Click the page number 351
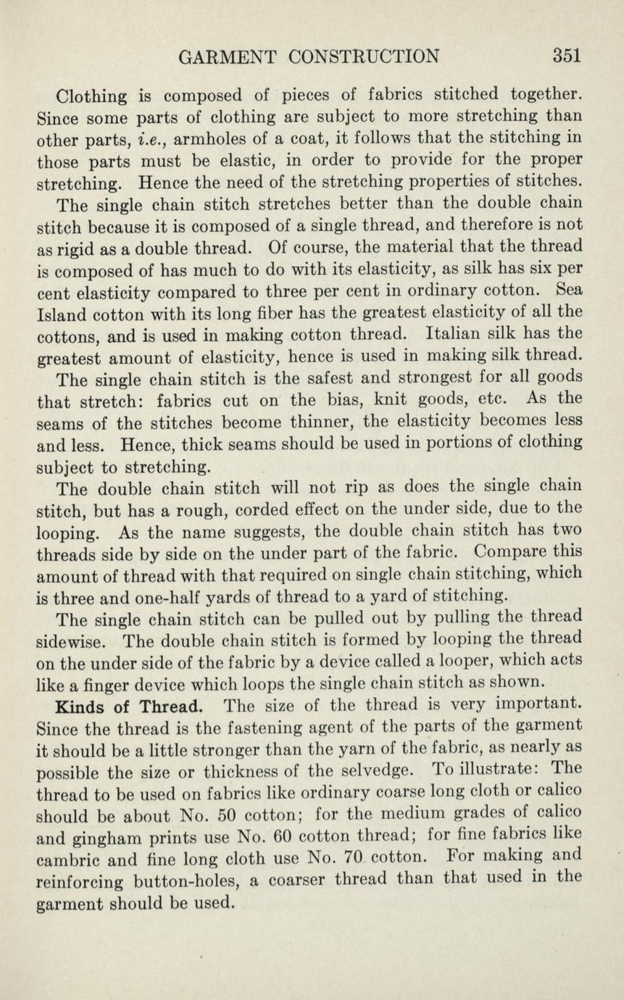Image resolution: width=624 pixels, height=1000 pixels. pos(567,56)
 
